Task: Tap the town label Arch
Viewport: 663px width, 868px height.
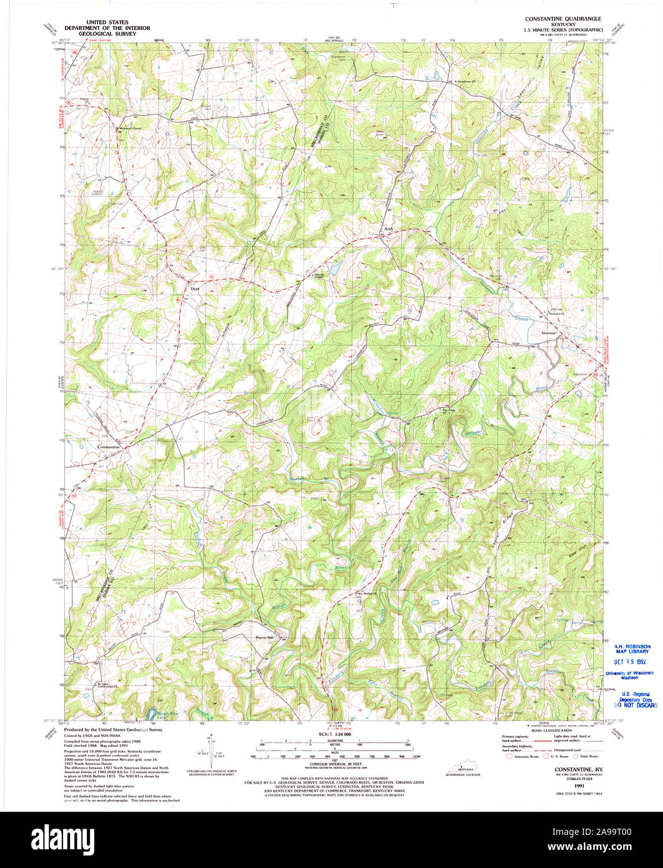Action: [389, 229]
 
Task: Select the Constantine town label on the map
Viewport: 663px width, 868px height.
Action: [112, 447]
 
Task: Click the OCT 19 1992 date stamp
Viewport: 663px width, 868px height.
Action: [632, 661]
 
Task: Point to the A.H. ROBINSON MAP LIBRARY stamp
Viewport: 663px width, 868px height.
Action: [632, 649]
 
